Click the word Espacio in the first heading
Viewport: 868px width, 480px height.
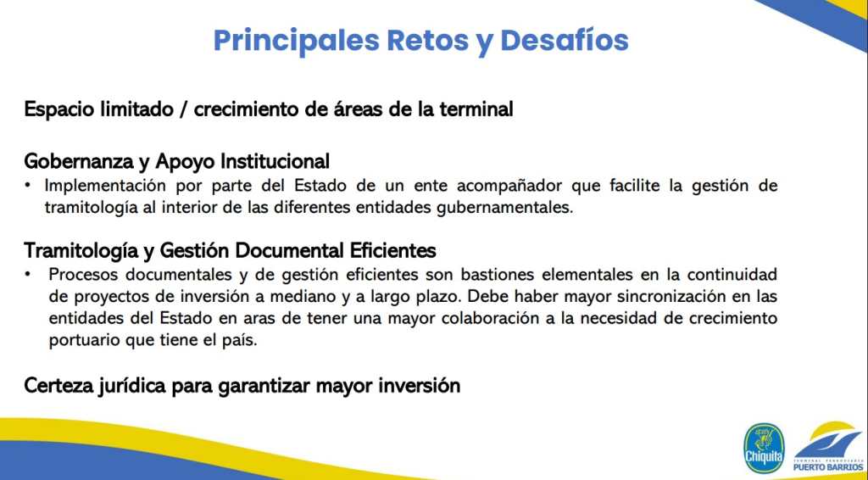point(58,109)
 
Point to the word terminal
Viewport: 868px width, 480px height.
point(478,109)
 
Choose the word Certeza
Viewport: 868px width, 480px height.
point(57,386)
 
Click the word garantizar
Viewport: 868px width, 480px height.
point(264,386)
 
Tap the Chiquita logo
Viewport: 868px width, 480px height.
point(764,448)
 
